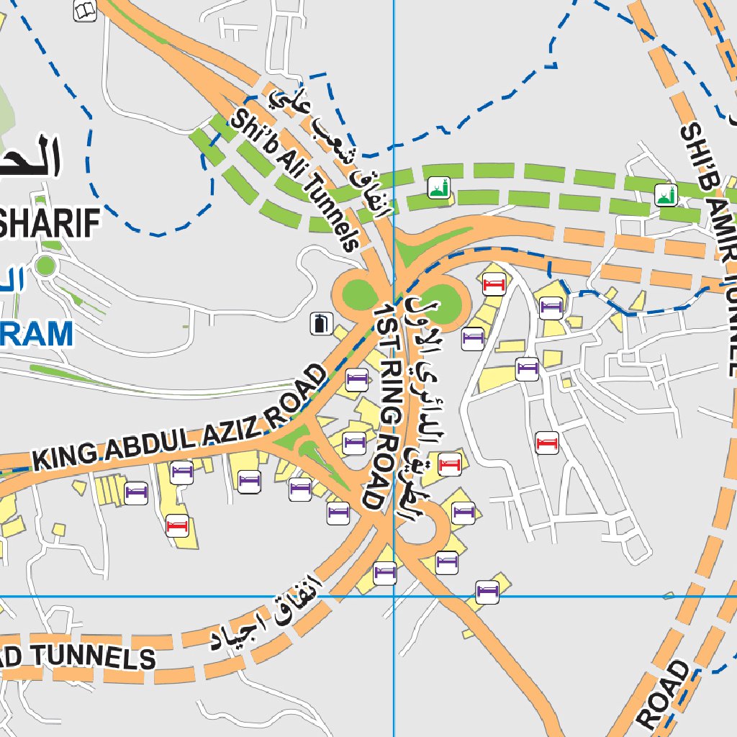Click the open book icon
pos(85,11)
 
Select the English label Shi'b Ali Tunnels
pos(296,180)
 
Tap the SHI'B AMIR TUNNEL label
pos(709,248)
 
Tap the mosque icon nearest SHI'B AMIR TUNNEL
pos(665,194)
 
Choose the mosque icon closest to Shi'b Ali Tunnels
pos(438,189)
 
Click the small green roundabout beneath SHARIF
pos(45,266)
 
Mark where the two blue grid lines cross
pos(394,596)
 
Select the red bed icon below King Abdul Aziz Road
pos(177,526)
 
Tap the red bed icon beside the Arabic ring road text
pos(450,464)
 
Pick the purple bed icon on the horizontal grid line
pos(487,592)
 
